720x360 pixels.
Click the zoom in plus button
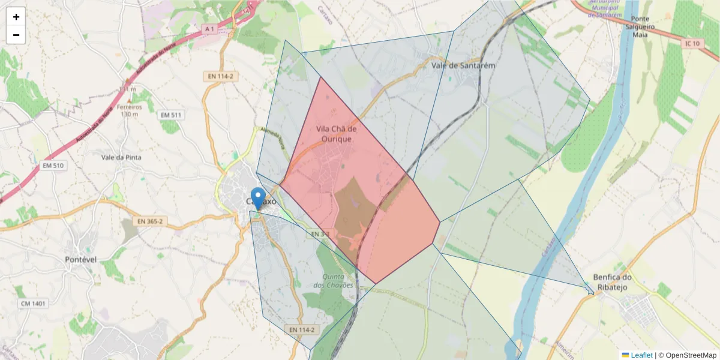click(16, 17)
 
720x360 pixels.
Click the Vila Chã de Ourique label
click(337, 134)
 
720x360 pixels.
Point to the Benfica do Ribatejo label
click(613, 282)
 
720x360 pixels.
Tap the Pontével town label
click(81, 259)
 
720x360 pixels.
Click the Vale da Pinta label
click(122, 157)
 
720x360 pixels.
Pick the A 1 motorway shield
click(209, 29)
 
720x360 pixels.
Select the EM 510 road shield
click(53, 166)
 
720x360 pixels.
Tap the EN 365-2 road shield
click(150, 221)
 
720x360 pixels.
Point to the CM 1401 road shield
click(33, 304)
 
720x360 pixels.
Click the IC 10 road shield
click(692, 44)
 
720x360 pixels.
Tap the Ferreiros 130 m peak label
click(130, 110)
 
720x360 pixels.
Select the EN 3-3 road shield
click(319, 233)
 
